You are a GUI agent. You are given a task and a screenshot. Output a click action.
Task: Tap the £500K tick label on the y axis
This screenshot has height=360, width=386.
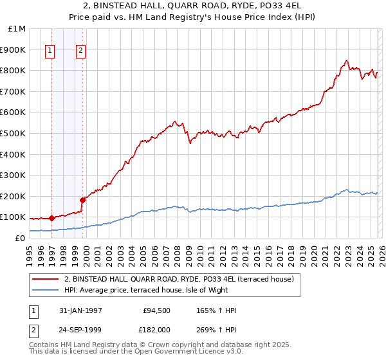pos(13,133)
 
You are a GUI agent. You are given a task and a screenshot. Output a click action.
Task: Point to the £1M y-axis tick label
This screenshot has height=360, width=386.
pos(17,29)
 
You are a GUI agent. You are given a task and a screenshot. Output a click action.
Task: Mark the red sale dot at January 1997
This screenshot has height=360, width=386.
pos(51,218)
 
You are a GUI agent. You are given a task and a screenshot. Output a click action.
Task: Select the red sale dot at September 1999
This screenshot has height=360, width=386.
pos(82,200)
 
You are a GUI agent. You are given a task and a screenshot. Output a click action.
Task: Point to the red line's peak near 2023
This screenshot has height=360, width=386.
pos(346,60)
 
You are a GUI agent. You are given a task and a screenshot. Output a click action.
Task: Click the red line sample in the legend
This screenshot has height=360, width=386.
pos(46,279)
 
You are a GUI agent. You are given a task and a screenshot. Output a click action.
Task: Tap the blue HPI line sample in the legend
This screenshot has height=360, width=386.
pos(46,290)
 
